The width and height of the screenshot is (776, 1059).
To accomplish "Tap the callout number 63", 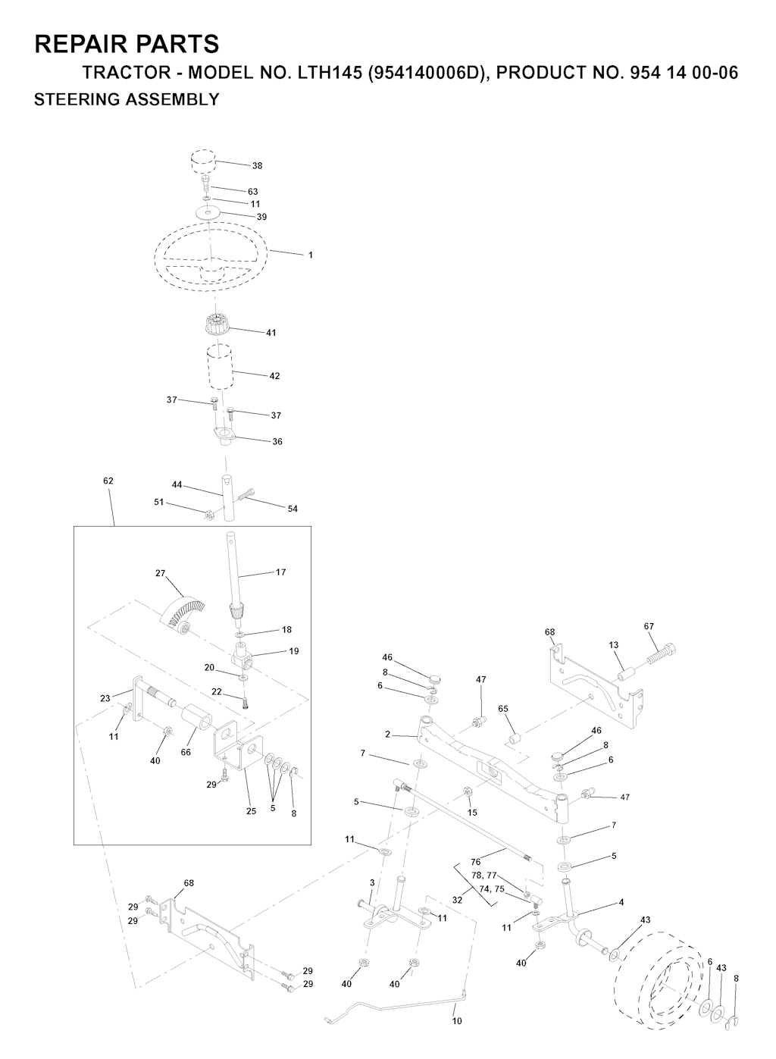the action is point(253,192).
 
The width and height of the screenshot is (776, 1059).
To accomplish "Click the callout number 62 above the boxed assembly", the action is point(108,481).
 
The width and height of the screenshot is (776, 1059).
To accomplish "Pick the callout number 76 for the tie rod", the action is point(475,862).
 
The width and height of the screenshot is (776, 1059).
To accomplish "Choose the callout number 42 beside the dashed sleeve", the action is point(274,376).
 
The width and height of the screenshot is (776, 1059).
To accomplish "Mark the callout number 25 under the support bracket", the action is point(251,811).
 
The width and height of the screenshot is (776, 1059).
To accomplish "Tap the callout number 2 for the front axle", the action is point(388,735).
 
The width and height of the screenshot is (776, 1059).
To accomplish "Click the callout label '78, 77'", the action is point(484,876).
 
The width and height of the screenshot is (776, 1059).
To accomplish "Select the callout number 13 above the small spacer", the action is point(613,645).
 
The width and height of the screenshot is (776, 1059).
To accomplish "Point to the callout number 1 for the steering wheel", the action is point(311,255).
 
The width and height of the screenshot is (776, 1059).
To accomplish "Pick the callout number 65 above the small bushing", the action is point(503,709).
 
